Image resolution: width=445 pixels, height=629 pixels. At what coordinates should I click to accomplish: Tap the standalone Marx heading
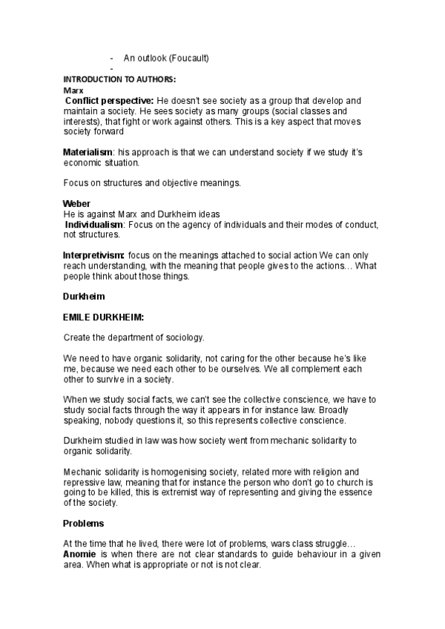pyautogui.click(x=73, y=90)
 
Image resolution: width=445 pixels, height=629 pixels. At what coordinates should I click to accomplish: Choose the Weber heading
pyautogui.click(x=76, y=204)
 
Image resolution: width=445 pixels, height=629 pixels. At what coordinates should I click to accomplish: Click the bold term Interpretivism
pyautogui.click(x=93, y=255)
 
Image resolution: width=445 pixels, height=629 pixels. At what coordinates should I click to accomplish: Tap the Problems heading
pyautogui.click(x=83, y=524)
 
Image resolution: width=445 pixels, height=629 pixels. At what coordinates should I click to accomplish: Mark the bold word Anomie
pyautogui.click(x=79, y=554)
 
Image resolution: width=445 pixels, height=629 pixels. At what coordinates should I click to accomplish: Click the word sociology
pyautogui.click(x=185, y=337)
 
